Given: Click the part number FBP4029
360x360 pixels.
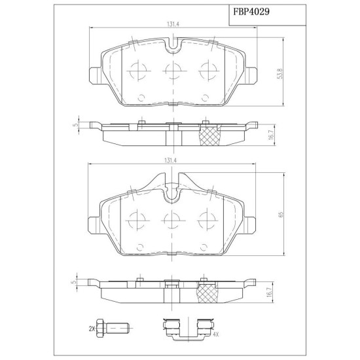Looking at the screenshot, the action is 251,12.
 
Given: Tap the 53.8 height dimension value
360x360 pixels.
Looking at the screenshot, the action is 280,73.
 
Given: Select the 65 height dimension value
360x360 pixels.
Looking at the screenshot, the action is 281,215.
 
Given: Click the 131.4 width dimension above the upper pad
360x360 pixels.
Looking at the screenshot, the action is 173,24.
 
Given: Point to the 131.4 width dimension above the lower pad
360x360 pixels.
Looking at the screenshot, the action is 170,161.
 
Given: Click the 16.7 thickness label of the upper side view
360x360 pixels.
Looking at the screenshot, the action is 272,134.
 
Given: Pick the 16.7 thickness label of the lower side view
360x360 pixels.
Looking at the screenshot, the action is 270,293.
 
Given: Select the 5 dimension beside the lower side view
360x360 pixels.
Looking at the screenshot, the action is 73,281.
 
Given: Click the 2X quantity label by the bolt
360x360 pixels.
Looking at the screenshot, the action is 92,329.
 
